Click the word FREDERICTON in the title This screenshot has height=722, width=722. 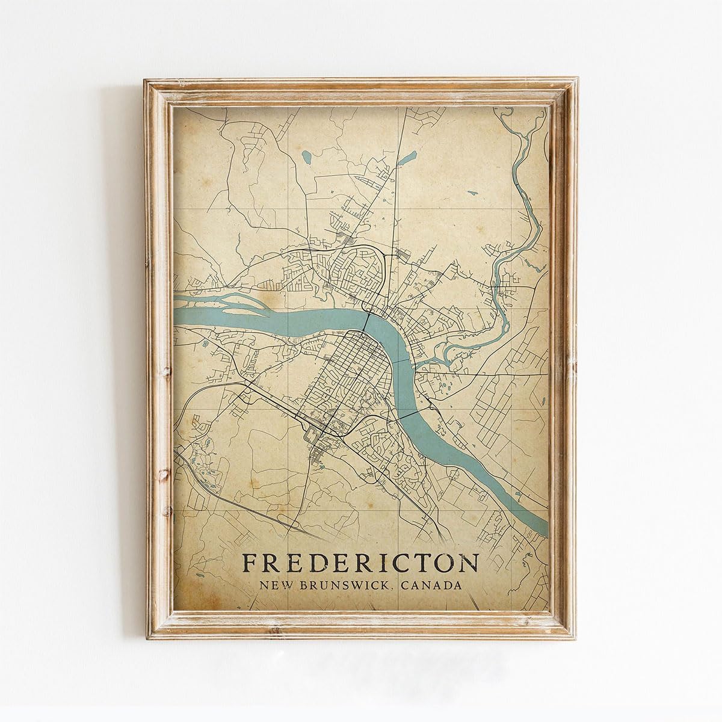(360, 563)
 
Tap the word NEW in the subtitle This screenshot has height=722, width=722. (274, 585)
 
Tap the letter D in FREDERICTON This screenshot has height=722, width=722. (316, 563)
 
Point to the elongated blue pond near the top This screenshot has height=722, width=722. (409, 158)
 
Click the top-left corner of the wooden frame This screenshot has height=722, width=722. (144, 78)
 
